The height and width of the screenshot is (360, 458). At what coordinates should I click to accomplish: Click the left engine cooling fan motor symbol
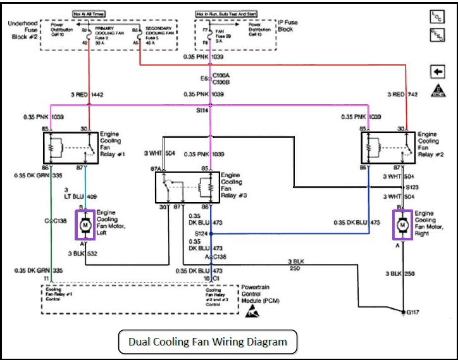85,225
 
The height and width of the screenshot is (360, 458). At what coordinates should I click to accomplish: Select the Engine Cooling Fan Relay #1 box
69,147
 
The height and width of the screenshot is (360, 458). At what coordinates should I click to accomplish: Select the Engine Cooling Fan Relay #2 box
388,147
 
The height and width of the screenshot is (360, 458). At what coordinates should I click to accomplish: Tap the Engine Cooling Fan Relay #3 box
188,187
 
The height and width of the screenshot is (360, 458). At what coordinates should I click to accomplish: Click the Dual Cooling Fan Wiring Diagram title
208,342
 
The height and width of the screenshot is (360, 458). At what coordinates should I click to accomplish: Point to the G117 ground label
414,312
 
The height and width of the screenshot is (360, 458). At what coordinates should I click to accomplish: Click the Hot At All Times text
89,12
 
